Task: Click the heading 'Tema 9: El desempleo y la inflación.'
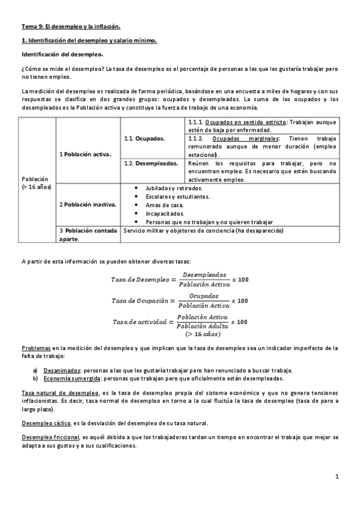pyautogui.click(x=71, y=26)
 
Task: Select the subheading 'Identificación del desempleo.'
pyautogui.click(x=62, y=54)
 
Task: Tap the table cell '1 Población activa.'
pyautogui.click(x=85, y=154)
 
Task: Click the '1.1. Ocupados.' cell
pyautogui.click(x=145, y=138)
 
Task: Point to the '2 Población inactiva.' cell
pyautogui.click(x=88, y=204)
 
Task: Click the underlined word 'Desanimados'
pyautogui.click(x=62, y=370)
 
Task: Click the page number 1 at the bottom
pyautogui.click(x=337, y=476)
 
